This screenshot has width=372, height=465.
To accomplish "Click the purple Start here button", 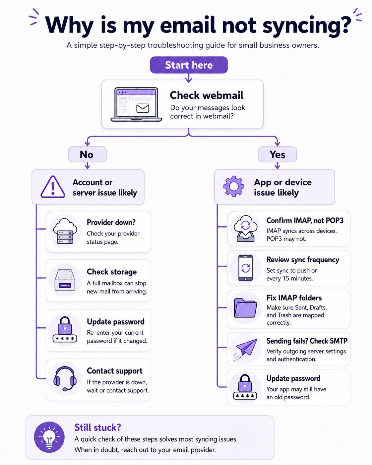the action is [189, 65].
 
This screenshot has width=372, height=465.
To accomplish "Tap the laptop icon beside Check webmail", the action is [136, 104].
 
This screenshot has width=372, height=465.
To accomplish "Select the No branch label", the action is [87, 154].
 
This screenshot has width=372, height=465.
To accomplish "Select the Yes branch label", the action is [278, 154].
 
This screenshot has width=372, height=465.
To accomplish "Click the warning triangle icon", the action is [53, 187].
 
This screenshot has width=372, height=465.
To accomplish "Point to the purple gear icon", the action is [234, 186].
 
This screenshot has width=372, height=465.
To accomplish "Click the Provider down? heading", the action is [111, 222].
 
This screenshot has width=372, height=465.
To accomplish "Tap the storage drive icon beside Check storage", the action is [65, 280].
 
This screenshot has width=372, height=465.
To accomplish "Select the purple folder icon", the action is [245, 308].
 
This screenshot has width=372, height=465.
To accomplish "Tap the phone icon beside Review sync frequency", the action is [245, 268].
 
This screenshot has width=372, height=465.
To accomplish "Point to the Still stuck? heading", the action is [98, 428].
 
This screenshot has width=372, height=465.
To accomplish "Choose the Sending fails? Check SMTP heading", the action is [307, 341].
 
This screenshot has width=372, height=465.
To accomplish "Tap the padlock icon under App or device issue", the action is [245, 387].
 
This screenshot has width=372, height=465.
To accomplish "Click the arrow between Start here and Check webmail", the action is [189, 78].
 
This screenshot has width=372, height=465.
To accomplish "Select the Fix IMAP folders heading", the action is [294, 298].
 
